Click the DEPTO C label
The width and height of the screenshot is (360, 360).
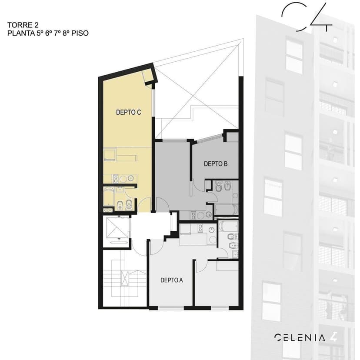[x=128, y=112]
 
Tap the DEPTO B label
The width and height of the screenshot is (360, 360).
[x=216, y=163]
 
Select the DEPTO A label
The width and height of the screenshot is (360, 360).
[x=171, y=280]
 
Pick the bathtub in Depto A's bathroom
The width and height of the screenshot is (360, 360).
[x=229, y=227]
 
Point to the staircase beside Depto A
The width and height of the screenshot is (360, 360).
[x=123, y=278]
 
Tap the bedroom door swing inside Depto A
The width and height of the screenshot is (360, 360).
[x=201, y=266]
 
